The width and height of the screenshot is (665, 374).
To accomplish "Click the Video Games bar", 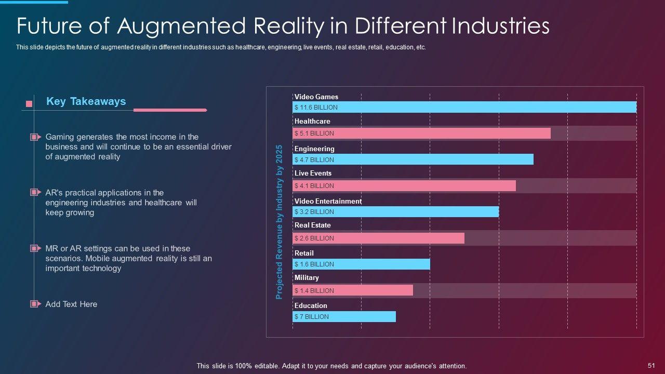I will click(464, 107).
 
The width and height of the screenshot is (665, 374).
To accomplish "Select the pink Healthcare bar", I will click(421, 133).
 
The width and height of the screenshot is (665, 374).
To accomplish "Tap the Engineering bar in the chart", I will click(413, 159).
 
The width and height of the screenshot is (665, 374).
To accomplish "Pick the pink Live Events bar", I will click(404, 185).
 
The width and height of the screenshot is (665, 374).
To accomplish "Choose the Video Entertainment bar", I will click(395, 211).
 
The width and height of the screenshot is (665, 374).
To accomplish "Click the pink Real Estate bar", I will click(378, 238).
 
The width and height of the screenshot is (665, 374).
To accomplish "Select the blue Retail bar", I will click(361, 264).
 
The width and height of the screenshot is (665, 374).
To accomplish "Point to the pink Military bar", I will click(352, 290).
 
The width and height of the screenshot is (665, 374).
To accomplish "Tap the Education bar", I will click(344, 316).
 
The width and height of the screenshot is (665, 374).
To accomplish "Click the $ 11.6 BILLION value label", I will click(316, 108).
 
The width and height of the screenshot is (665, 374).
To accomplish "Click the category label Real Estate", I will click(312, 225).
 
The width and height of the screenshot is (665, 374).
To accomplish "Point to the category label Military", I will click(307, 278).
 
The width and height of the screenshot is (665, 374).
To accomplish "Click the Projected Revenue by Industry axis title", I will click(279, 222).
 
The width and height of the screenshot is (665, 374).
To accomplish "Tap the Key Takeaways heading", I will click(86, 101).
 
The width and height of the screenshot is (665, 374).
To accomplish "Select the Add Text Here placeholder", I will click(71, 304).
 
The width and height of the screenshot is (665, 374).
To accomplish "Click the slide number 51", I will click(651, 366).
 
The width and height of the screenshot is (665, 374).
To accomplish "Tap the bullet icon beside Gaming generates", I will click(35, 137).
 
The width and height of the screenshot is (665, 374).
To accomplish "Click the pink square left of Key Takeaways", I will click(29, 104).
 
